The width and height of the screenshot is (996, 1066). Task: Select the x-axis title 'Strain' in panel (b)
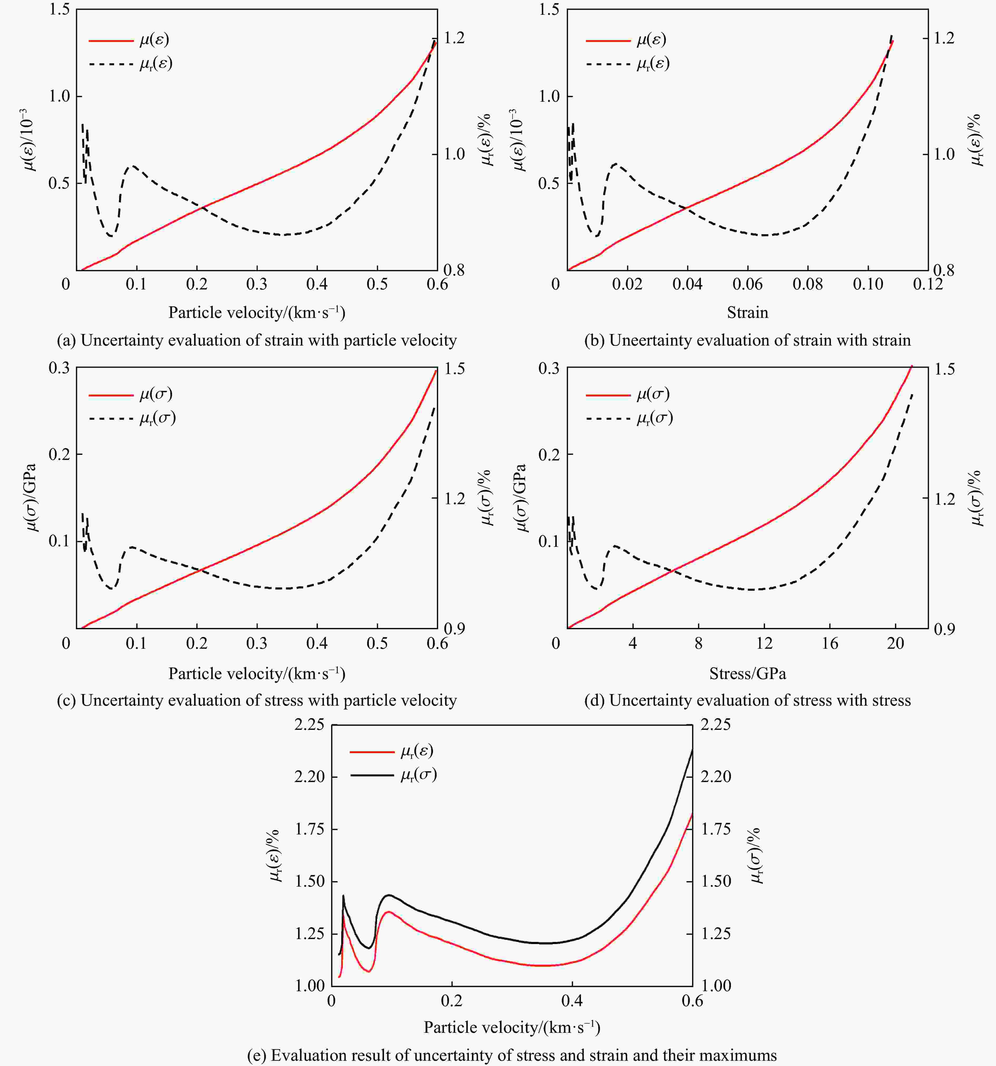click(x=747, y=313)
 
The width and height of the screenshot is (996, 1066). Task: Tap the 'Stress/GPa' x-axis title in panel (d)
click(x=747, y=674)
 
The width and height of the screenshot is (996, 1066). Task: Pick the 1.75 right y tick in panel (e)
click(x=716, y=829)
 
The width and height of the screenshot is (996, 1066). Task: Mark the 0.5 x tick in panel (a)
click(x=377, y=284)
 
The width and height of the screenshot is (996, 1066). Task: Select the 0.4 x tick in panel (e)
click(x=572, y=1001)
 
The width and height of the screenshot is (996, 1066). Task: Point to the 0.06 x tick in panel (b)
click(x=747, y=284)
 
